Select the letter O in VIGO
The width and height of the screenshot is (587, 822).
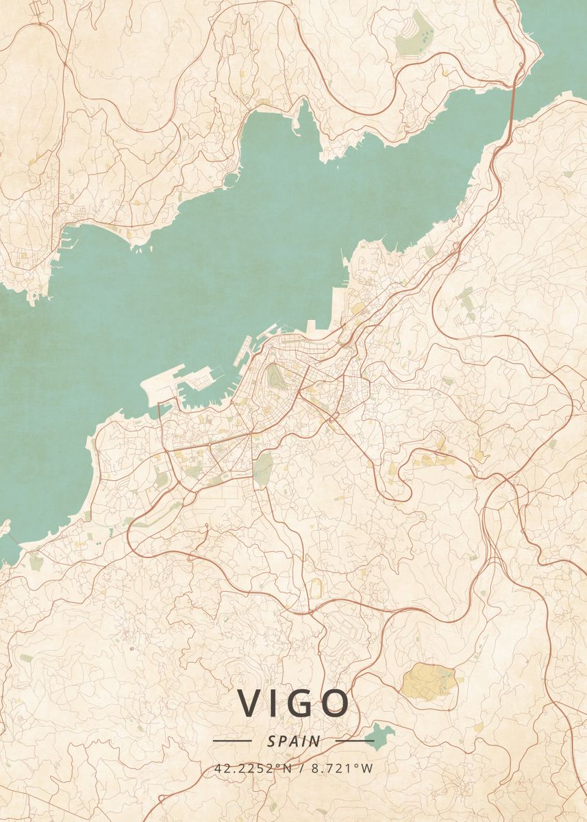coord(334,703)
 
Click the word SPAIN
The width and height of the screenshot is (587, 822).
coord(294,740)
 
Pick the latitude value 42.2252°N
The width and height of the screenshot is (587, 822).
coord(253,768)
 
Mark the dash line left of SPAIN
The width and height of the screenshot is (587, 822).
coord(232,740)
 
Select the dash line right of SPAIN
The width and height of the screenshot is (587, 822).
coord(355,740)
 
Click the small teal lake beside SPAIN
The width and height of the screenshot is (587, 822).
coord(380,736)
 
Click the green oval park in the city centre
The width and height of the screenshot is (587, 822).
coord(275,376)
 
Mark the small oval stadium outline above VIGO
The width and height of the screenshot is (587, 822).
coord(315,587)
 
